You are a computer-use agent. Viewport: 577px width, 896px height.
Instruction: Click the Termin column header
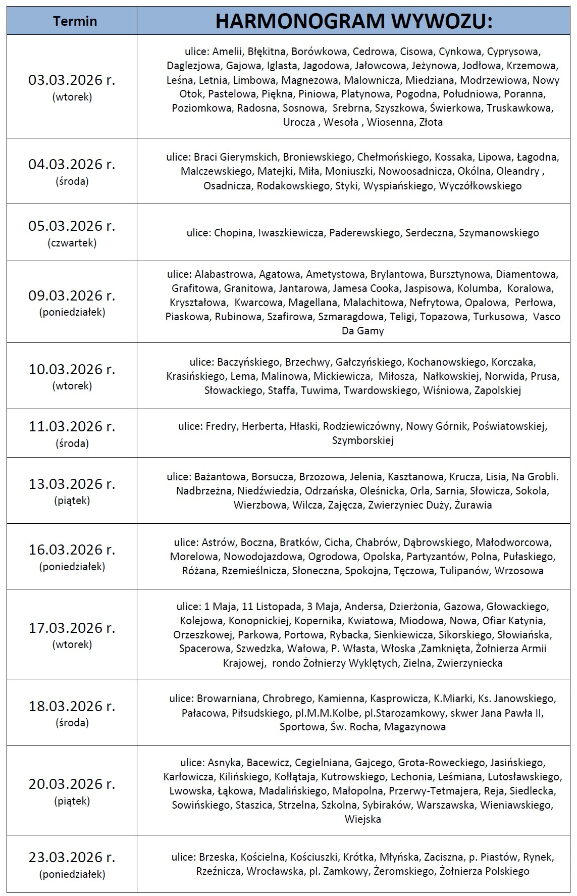(75, 21)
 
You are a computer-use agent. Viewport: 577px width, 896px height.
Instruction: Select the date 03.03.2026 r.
(72, 80)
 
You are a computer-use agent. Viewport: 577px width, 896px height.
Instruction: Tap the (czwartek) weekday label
(72, 242)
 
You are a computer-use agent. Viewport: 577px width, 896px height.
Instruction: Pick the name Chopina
(233, 233)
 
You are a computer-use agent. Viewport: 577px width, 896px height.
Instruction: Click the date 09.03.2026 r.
(72, 295)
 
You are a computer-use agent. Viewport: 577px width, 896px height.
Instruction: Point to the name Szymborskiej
(362, 440)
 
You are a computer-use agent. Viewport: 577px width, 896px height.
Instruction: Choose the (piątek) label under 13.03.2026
(72, 501)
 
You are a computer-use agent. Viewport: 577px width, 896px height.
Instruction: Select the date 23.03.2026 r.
(72, 858)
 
